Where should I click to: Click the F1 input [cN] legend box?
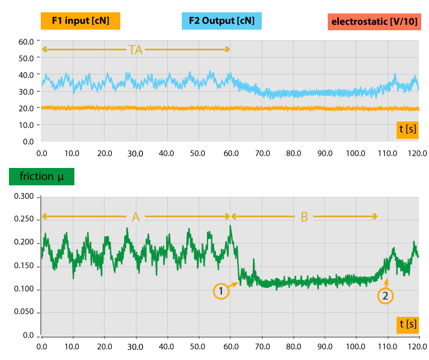(81, 21)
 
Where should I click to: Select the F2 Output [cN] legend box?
(222, 21)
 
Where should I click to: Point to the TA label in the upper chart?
(135, 50)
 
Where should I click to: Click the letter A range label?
(135, 217)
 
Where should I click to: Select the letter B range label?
(304, 217)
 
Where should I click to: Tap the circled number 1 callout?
(221, 291)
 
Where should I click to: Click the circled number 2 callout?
(385, 296)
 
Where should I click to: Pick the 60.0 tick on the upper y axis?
(26, 41)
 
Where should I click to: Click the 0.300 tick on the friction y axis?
(24, 197)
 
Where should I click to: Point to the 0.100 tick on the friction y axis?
(24, 289)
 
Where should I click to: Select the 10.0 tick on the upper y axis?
(26, 125)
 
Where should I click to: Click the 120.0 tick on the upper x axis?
(418, 152)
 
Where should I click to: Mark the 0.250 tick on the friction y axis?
(24, 220)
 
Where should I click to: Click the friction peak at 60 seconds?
(230, 226)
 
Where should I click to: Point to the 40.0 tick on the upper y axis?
(26, 75)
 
